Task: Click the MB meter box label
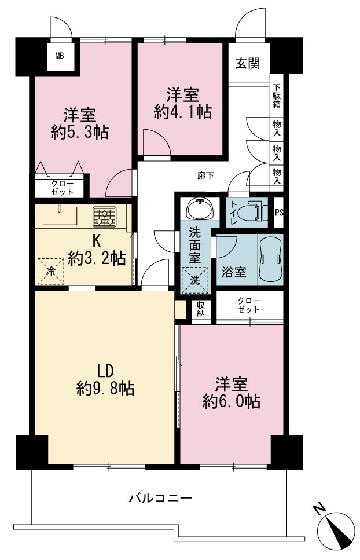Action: click(x=60, y=56)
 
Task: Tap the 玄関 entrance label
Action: click(x=248, y=64)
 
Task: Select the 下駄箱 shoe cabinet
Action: click(x=276, y=96)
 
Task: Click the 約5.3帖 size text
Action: click(x=80, y=133)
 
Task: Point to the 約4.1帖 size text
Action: click(x=183, y=112)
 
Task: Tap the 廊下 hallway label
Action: click(x=205, y=175)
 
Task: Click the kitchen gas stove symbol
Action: click(x=105, y=217)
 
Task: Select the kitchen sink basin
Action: click(x=60, y=215)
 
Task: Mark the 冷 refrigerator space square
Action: click(x=51, y=272)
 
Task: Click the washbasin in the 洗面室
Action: click(x=200, y=209)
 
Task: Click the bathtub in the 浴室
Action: click(x=270, y=259)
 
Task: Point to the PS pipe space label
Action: click(x=278, y=213)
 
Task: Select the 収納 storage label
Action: click(x=201, y=309)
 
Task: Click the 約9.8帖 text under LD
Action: click(x=105, y=388)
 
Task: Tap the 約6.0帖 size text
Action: click(x=231, y=402)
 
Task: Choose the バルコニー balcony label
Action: click(x=160, y=497)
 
